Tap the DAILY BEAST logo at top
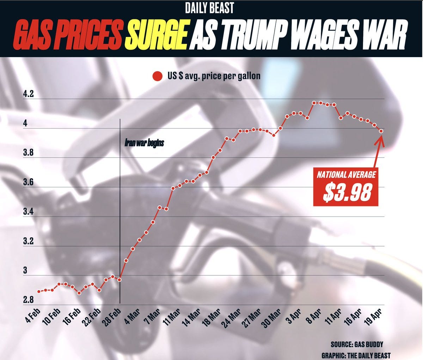pyautogui.click(x=209, y=8)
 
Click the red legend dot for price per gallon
pyautogui.click(x=157, y=77)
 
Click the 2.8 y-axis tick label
pyautogui.click(x=29, y=300)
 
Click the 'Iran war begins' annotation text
pyautogui.click(x=144, y=143)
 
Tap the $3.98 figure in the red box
pyautogui.click(x=347, y=193)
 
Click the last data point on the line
pyautogui.click(x=381, y=131)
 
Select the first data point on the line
pyautogui.click(x=39, y=291)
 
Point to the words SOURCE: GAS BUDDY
pyautogui.click(x=357, y=344)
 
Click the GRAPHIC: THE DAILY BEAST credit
pyautogui.click(x=356, y=355)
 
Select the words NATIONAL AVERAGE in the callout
pyautogui.click(x=346, y=175)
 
